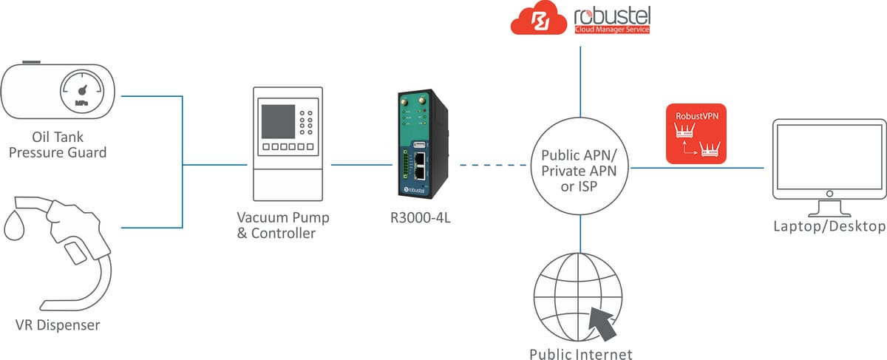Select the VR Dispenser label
click(58, 325)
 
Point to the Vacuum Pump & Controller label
click(283, 225)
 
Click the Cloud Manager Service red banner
click(611, 30)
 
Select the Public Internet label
click(580, 353)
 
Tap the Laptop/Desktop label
click(829, 226)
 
